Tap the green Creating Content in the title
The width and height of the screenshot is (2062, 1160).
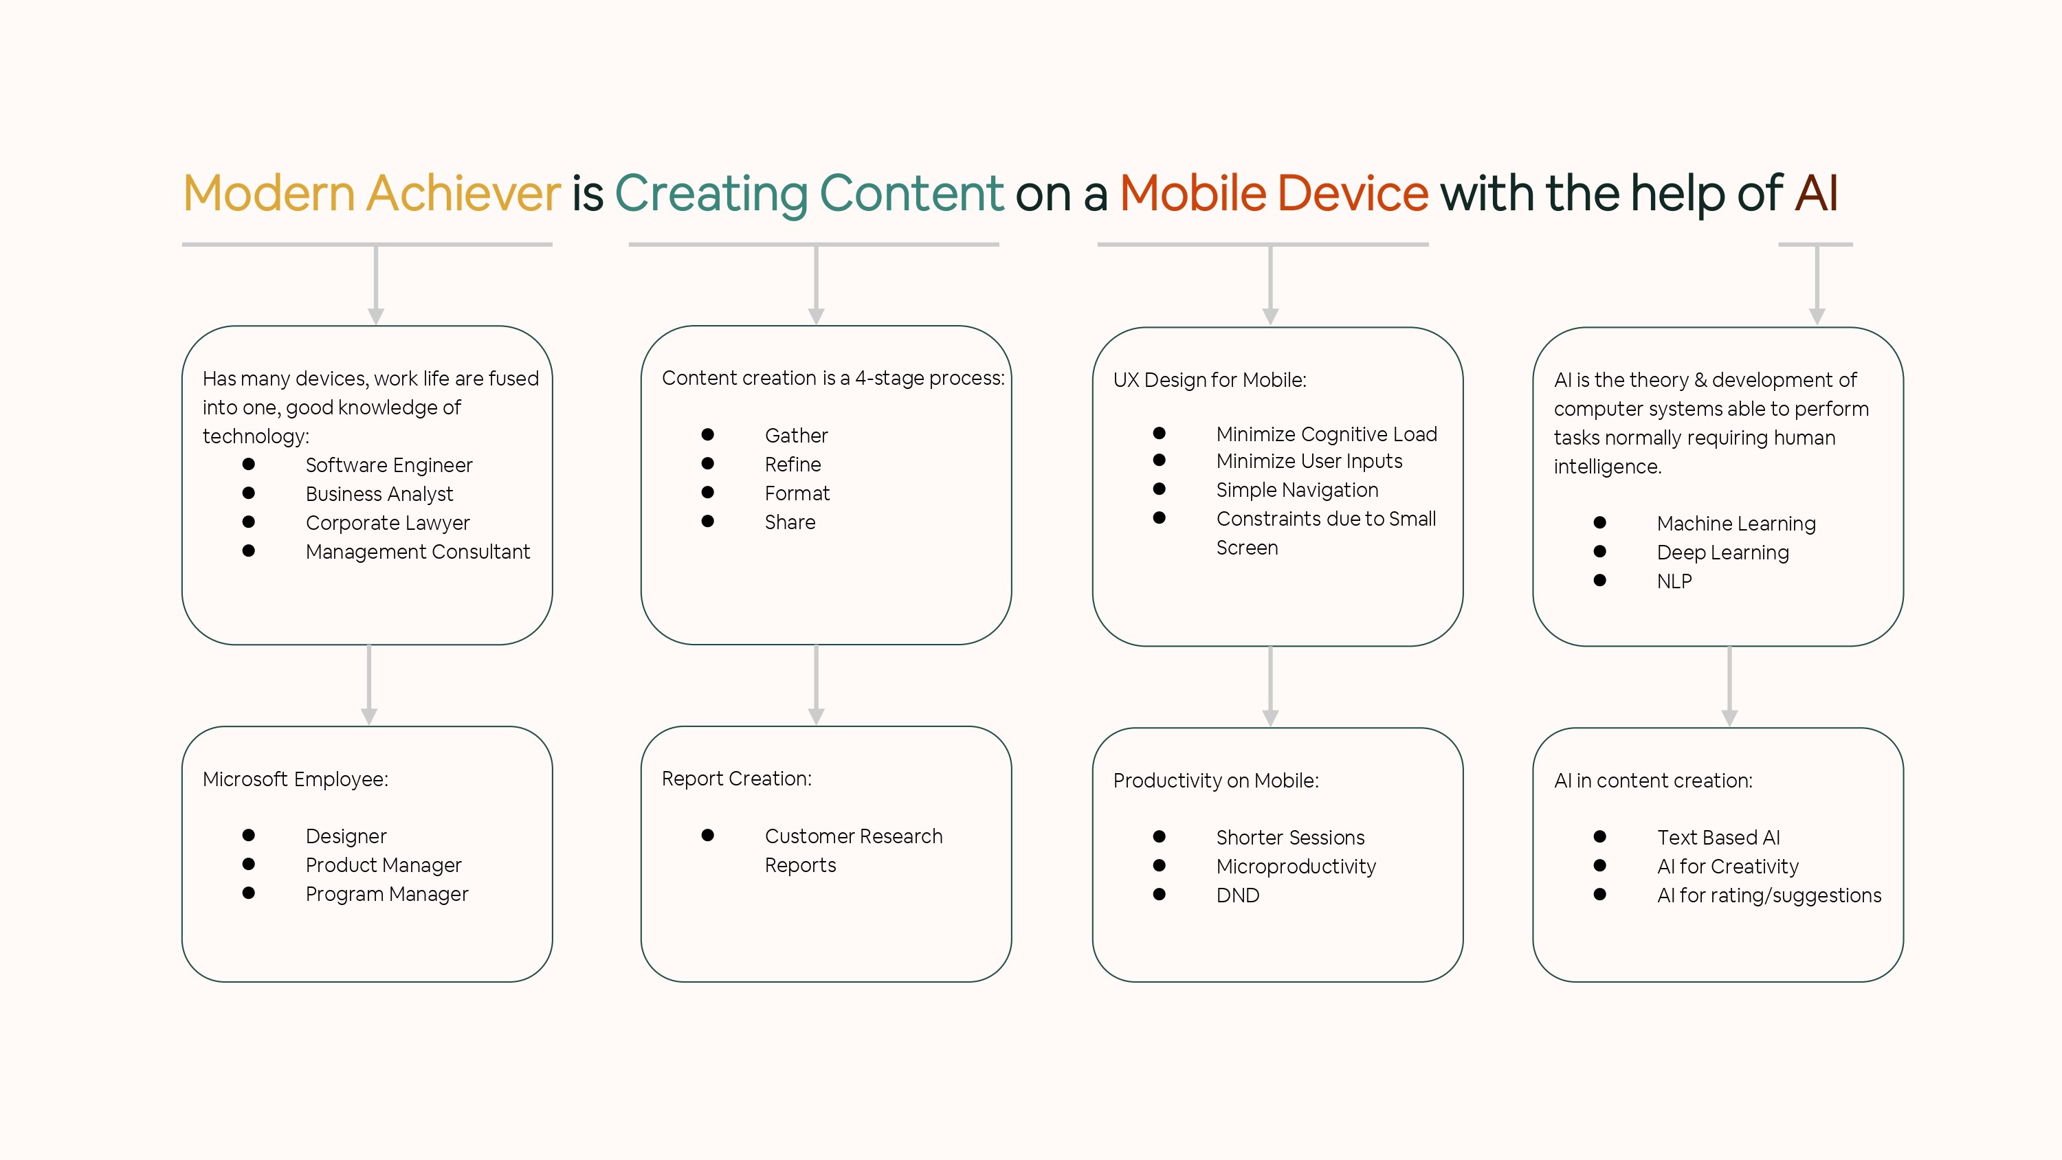click(x=808, y=193)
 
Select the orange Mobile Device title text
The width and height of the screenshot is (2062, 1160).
click(x=1274, y=193)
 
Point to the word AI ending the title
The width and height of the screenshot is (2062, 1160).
click(x=1815, y=193)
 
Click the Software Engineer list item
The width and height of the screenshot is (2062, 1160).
click(x=389, y=465)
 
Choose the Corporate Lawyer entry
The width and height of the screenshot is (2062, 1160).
click(x=388, y=523)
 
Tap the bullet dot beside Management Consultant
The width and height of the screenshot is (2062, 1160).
click(x=249, y=550)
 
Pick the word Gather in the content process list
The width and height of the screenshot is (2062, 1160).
click(x=796, y=436)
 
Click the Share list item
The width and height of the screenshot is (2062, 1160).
click(x=789, y=522)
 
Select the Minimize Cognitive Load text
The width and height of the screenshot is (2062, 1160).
click(x=1327, y=434)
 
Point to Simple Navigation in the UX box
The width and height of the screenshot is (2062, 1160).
click(x=1297, y=490)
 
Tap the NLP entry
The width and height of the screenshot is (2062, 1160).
click(x=1674, y=581)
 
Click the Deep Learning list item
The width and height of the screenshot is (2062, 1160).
click(x=1722, y=553)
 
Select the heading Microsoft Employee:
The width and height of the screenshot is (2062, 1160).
click(x=296, y=779)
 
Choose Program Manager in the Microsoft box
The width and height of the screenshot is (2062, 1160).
click(x=386, y=894)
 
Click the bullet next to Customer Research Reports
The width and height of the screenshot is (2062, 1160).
click(x=708, y=835)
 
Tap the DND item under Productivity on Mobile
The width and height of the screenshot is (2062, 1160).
click(x=1237, y=895)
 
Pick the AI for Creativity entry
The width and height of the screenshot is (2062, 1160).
click(x=1727, y=866)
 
